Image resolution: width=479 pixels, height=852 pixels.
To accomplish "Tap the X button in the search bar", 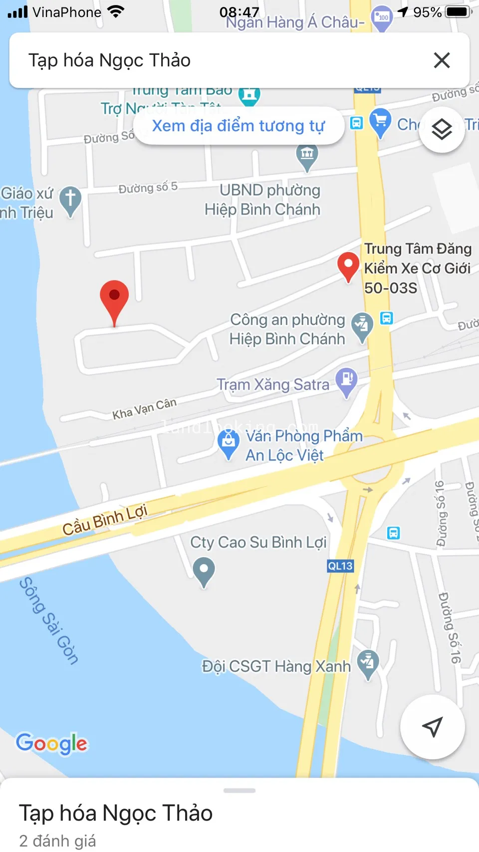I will click(442, 60).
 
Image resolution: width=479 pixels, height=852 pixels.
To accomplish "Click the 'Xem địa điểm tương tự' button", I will click(239, 126).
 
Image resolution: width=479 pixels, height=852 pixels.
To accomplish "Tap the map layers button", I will click(442, 130).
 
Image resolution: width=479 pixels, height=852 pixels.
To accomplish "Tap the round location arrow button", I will click(432, 727).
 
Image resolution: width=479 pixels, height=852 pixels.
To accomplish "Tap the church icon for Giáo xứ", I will click(70, 200).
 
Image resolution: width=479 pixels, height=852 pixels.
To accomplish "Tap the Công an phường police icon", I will click(362, 326).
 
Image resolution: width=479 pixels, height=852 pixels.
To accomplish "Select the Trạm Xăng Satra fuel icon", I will click(346, 380).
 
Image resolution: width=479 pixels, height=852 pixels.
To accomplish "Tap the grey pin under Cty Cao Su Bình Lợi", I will click(204, 570).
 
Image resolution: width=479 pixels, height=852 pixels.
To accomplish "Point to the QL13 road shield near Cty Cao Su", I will click(340, 566).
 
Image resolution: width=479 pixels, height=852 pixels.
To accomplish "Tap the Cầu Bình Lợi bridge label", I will click(105, 520).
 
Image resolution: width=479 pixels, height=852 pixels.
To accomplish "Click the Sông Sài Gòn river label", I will click(49, 620).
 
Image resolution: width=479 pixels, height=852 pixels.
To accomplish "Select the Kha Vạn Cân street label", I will click(144, 409).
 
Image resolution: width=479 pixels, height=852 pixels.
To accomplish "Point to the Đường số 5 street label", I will click(148, 188).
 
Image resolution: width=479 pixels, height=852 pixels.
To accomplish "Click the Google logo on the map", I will click(52, 743).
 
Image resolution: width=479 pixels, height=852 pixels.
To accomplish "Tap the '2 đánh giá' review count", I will click(57, 841).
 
